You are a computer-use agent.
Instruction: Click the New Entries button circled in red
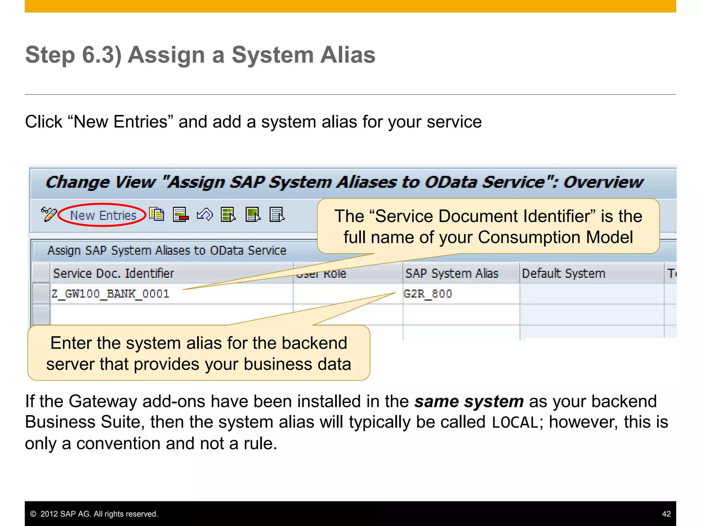[103, 215]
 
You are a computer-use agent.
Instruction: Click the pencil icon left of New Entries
[49, 215]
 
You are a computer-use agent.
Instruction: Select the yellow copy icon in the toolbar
[157, 215]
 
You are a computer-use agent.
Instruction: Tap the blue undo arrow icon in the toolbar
[205, 215]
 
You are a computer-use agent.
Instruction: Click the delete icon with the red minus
[181, 215]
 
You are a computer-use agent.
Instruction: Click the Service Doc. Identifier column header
[114, 274]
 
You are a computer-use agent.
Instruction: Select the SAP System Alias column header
[452, 274]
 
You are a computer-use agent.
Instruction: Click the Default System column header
[563, 274]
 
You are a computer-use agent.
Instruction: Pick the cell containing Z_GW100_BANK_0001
[110, 294]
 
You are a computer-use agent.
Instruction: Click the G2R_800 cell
[428, 294]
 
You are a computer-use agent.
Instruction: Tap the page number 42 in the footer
[666, 514]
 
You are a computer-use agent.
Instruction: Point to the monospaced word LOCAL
[515, 423]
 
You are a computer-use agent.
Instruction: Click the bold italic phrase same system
[469, 401]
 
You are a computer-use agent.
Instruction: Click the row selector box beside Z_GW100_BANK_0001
[41, 294]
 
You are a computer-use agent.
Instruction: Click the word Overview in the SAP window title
[603, 182]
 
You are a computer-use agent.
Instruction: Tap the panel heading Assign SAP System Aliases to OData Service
[167, 251]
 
